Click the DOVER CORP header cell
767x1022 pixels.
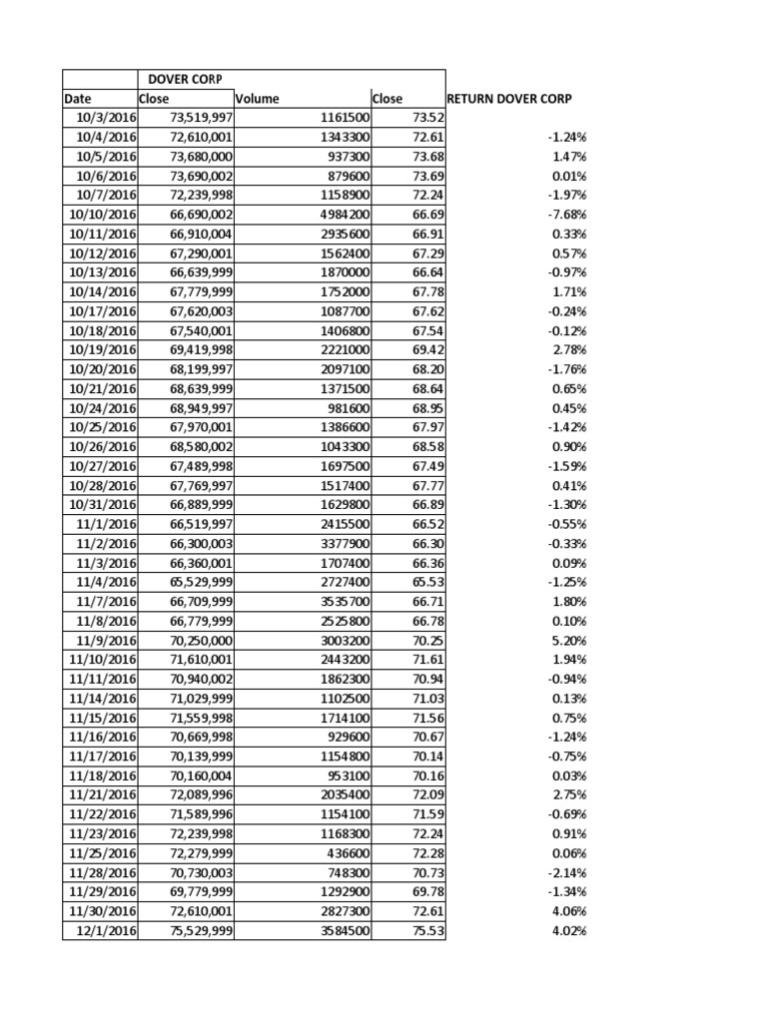pyautogui.click(x=184, y=80)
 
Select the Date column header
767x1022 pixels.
pyautogui.click(x=77, y=99)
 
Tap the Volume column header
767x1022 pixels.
pyautogui.click(x=258, y=99)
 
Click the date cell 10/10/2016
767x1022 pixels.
pyautogui.click(x=100, y=215)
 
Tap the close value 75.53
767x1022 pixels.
pyautogui.click(x=426, y=931)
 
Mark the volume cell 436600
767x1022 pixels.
pyautogui.click(x=345, y=854)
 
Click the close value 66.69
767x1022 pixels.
pyautogui.click(x=426, y=215)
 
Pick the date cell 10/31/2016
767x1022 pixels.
pyautogui.click(x=100, y=505)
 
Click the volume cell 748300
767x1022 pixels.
pyautogui.click(x=345, y=873)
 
